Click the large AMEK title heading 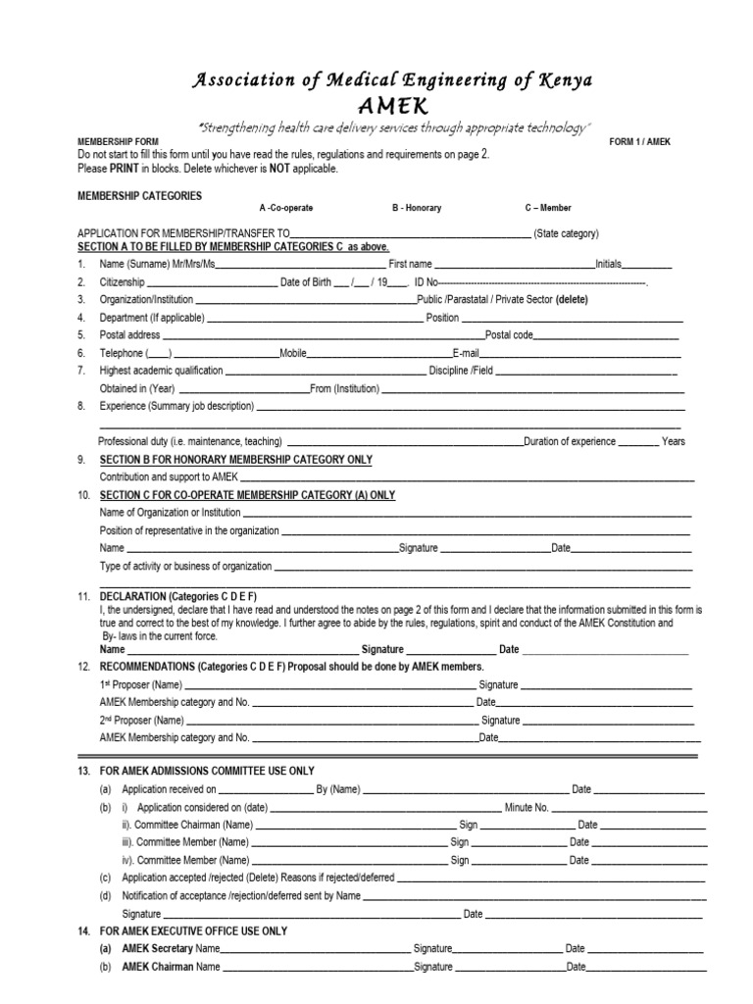tap(393, 106)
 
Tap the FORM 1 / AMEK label tap(640, 142)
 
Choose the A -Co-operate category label tap(286, 208)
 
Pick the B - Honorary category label tap(417, 208)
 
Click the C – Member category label tap(548, 208)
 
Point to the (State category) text tap(566, 233)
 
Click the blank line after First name tap(514, 265)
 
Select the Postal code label tap(510, 335)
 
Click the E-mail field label tap(466, 353)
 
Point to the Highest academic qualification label tap(161, 371)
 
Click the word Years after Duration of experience tap(674, 441)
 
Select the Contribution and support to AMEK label tap(169, 476)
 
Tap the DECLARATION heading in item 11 tap(178, 596)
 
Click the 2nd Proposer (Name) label tap(141, 720)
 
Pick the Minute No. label tap(527, 807)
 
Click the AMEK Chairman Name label tap(170, 967)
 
